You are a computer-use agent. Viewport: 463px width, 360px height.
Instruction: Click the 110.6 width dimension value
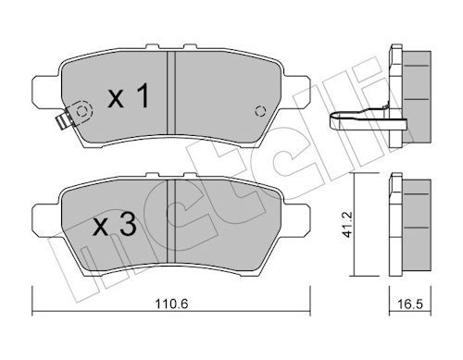[171, 304]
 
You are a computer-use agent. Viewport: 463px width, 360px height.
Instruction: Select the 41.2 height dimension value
[348, 225]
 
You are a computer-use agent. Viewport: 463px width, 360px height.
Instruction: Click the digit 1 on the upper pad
[142, 95]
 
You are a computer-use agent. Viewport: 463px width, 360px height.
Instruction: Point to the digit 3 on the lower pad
[128, 225]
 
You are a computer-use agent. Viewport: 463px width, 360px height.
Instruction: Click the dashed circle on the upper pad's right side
[260, 111]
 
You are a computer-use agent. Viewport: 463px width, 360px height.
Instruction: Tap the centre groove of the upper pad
[171, 93]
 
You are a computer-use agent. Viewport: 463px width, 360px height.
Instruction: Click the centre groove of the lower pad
[171, 220]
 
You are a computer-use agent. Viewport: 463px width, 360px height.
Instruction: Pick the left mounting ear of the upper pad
[46, 92]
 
